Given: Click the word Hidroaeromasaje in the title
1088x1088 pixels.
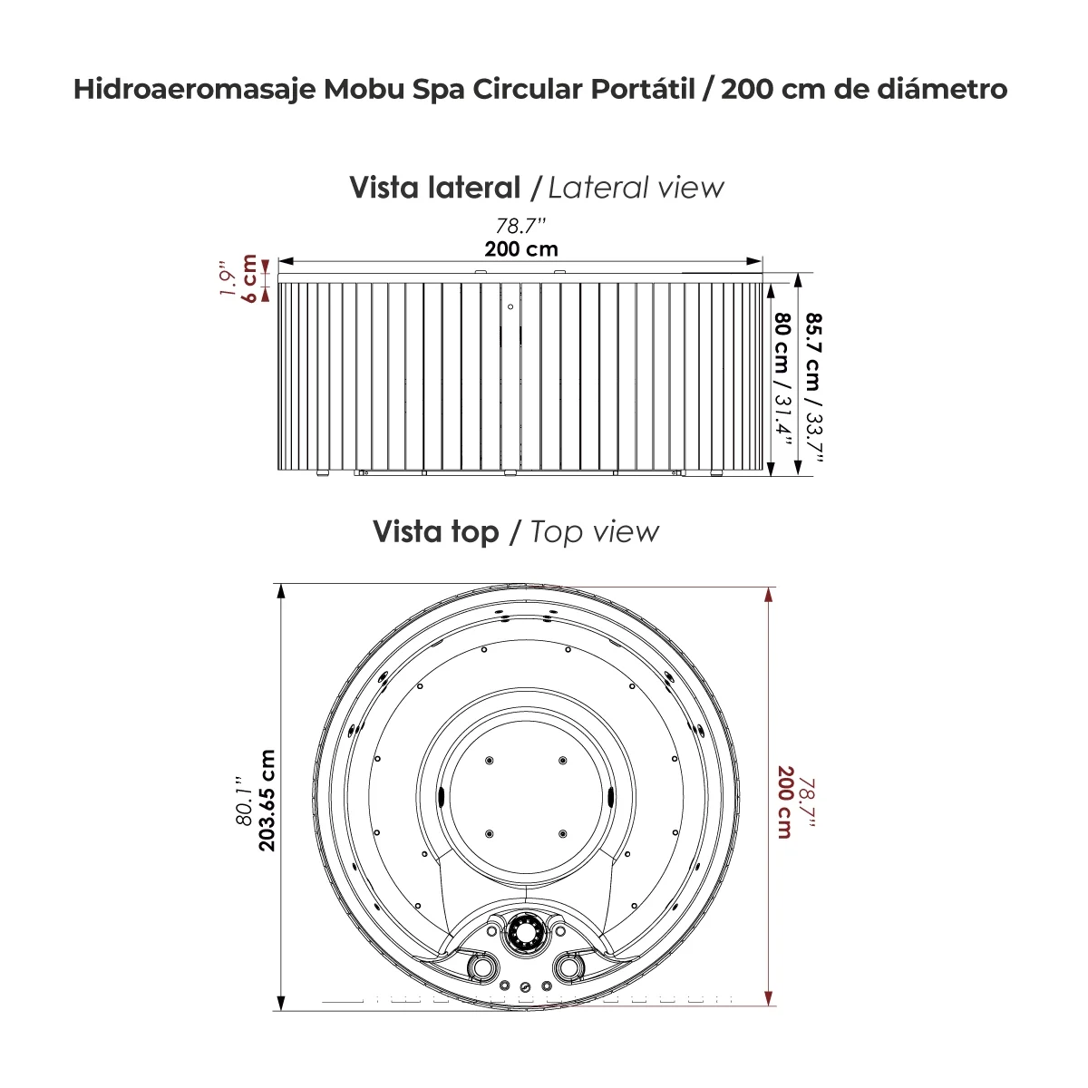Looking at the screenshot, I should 193,90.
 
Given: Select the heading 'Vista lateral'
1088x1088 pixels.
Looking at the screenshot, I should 435,188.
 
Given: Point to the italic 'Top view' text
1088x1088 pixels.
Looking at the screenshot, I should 595,531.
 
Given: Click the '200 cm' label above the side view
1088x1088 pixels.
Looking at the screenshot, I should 520,248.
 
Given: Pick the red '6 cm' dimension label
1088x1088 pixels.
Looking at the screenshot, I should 249,278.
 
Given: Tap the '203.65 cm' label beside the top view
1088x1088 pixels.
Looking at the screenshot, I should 266,800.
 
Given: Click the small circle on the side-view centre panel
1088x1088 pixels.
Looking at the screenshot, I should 510,306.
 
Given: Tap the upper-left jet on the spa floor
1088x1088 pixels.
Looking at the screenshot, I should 489,759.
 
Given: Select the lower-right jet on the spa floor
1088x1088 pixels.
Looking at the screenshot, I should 562,833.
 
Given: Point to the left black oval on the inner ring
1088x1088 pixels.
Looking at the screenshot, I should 441,795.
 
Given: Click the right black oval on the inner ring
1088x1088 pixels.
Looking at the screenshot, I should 610,795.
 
